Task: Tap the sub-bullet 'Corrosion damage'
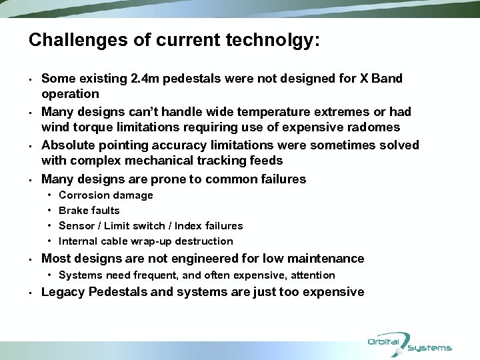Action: (105, 195)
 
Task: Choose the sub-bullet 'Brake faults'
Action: (89, 211)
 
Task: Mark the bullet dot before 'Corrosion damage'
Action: (51, 195)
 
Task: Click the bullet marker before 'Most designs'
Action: (31, 259)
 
